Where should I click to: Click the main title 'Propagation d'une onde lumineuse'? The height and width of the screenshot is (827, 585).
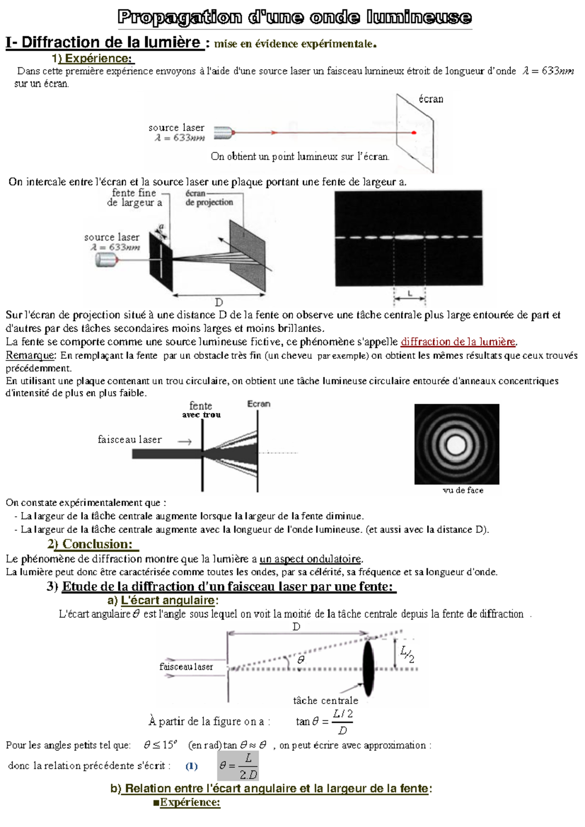pos(294,18)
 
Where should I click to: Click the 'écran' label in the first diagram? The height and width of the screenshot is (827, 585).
pos(431,99)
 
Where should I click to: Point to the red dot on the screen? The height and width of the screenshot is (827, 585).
pos(414,133)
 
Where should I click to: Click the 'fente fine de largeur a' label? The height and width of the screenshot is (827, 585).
pos(135,197)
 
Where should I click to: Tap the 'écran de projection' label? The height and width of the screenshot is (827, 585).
pos(209,198)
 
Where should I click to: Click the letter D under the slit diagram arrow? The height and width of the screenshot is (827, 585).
pos(219,302)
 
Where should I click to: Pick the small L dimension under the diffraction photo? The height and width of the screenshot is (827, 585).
pos(409,294)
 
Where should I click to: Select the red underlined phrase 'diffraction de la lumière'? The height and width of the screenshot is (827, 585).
pos(458,342)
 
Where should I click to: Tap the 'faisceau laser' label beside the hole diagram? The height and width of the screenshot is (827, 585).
pos(130,439)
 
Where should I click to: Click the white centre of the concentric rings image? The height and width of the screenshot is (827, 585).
pos(456,444)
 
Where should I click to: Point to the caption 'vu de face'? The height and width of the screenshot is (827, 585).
pos(463,490)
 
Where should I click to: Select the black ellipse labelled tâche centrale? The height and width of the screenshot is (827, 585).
pos(369,668)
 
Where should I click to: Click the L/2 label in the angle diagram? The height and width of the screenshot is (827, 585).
pos(408,654)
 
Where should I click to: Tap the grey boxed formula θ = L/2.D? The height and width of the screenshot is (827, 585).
pos(238,766)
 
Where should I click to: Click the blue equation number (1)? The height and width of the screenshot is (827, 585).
pos(192,766)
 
